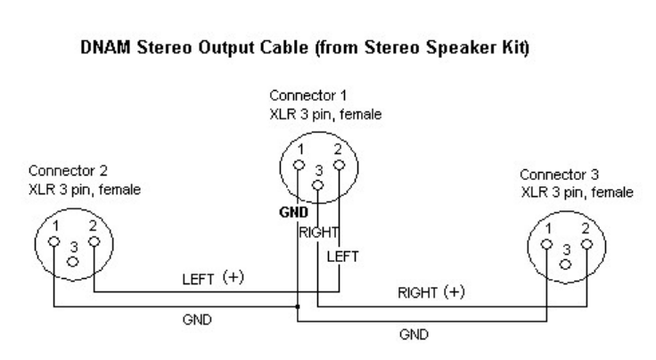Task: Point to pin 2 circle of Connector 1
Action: tap(339, 164)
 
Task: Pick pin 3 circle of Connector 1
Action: tap(317, 186)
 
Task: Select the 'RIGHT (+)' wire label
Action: tap(432, 295)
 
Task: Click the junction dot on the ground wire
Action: tap(297, 308)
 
